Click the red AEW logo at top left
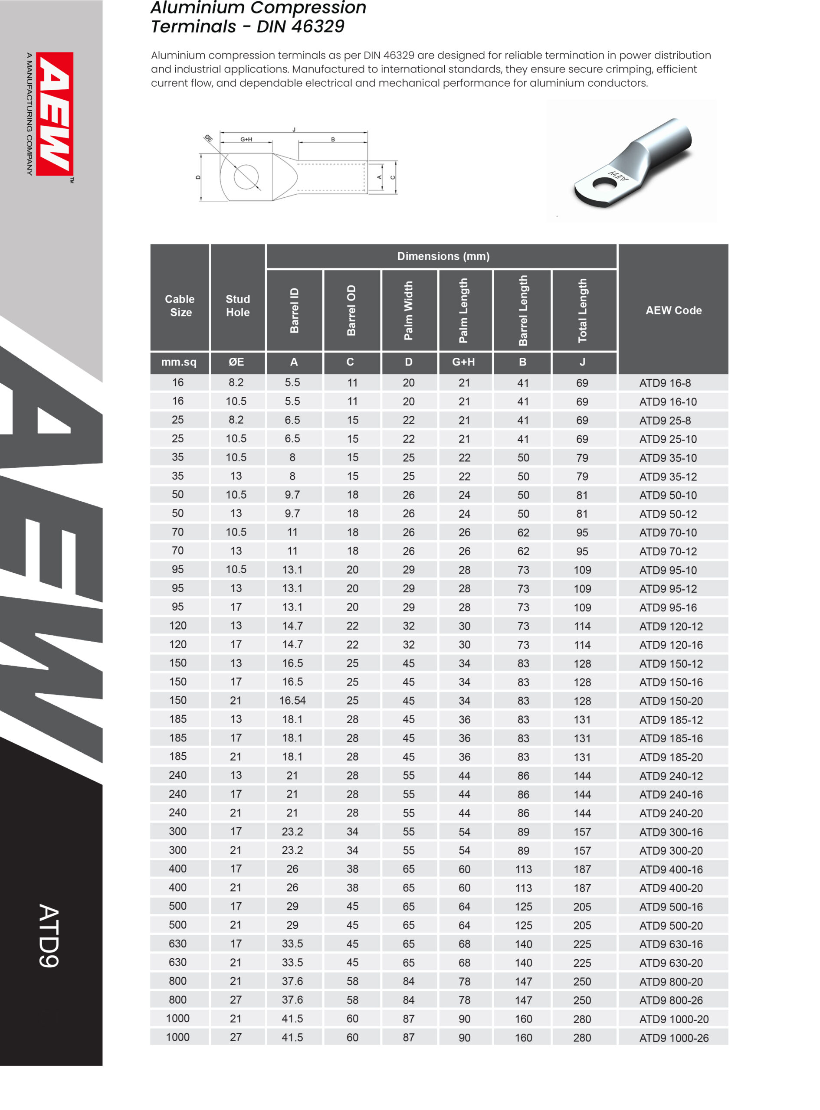coord(55,114)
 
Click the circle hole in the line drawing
coord(246,177)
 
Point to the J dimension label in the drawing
coord(294,130)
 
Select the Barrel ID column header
coord(294,310)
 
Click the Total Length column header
coord(582,310)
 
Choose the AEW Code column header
coord(673,310)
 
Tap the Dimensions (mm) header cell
coord(443,256)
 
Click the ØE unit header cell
coord(236,362)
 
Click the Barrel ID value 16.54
coord(292,700)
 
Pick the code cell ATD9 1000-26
coord(673,1038)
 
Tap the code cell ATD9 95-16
coord(668,607)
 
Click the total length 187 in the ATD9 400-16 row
coord(582,869)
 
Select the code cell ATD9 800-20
coord(671,982)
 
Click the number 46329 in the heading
coord(318,26)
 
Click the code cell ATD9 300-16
coord(671,832)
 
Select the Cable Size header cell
coord(180,306)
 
